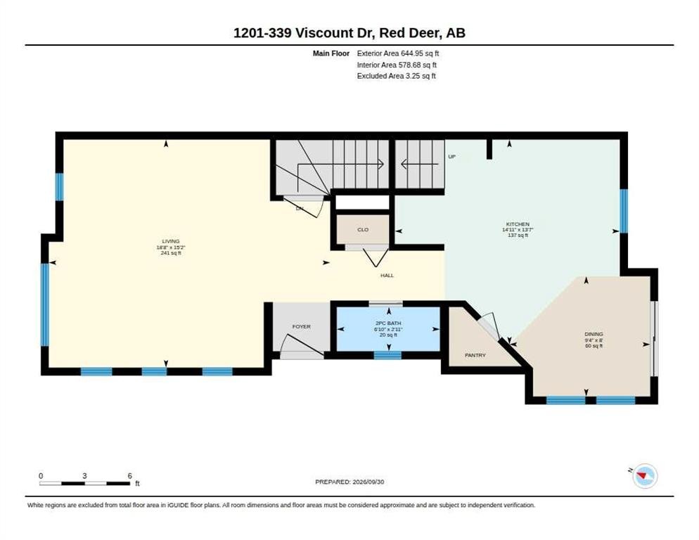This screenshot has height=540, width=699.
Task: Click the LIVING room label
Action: [x=171, y=241]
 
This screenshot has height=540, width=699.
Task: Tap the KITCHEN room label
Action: [x=518, y=224]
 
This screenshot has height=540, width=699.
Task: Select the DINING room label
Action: [x=594, y=334]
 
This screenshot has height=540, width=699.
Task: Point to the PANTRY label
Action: [x=475, y=355]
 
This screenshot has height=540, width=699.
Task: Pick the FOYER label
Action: [x=302, y=327]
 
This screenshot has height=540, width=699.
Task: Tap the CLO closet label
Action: [x=363, y=230]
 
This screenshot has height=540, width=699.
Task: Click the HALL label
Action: [x=387, y=276]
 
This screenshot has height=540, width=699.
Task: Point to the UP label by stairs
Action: [x=451, y=157]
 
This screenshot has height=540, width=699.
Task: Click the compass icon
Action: [x=645, y=476]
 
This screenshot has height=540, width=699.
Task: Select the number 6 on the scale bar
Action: [x=129, y=476]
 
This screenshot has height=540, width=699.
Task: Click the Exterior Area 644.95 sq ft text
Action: [x=397, y=53]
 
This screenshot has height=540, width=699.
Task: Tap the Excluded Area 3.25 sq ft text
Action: [x=397, y=76]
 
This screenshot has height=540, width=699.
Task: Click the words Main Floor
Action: [x=331, y=53]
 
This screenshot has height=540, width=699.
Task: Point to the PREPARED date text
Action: [x=349, y=482]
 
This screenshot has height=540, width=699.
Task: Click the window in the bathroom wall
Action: [x=387, y=355]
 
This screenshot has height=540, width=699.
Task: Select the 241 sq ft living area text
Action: [x=171, y=253]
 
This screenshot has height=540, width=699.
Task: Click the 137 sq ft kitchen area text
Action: [x=518, y=236]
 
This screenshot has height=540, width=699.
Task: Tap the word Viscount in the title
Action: [x=323, y=33]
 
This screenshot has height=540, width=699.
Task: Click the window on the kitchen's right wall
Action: [x=624, y=211]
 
